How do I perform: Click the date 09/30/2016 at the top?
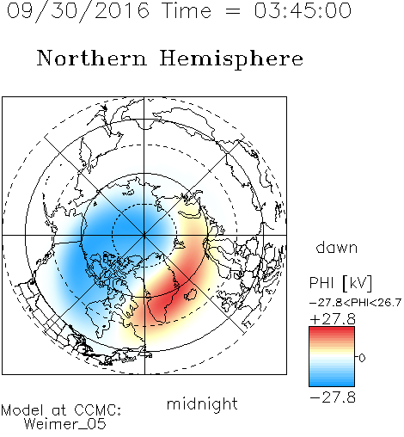(78, 11)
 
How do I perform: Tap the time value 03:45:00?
(303, 10)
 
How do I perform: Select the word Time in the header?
(187, 10)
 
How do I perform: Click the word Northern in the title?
(92, 58)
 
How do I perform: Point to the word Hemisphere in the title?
(231, 59)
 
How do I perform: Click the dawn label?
(337, 247)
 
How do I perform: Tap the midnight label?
(202, 404)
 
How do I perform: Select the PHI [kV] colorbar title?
(340, 283)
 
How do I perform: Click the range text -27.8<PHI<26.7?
(355, 303)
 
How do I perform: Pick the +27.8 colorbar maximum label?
(333, 319)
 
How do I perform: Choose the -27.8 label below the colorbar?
(333, 397)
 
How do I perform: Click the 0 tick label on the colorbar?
(362, 358)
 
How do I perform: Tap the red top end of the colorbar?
(332, 329)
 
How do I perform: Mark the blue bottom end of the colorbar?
(332, 384)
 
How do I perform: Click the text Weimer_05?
(65, 424)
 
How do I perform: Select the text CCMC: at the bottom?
(98, 410)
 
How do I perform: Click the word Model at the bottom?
(22, 410)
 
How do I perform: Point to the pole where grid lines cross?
(144, 236)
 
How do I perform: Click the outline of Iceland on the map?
(191, 294)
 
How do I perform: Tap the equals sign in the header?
(233, 11)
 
